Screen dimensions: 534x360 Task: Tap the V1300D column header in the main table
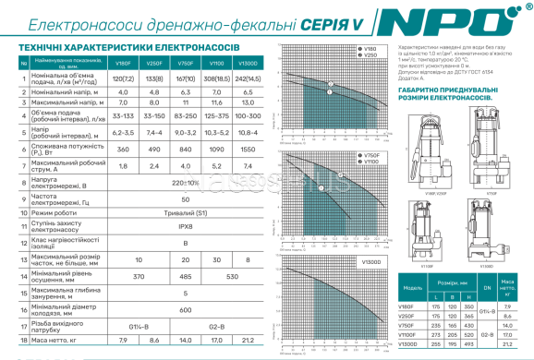pyautogui.click(x=249, y=63)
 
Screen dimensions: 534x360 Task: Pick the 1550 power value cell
pyautogui.click(x=249, y=149)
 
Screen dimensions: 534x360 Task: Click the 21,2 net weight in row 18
pyautogui.click(x=249, y=341)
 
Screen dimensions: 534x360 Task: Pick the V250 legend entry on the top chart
pyautogui.click(x=371, y=55)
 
